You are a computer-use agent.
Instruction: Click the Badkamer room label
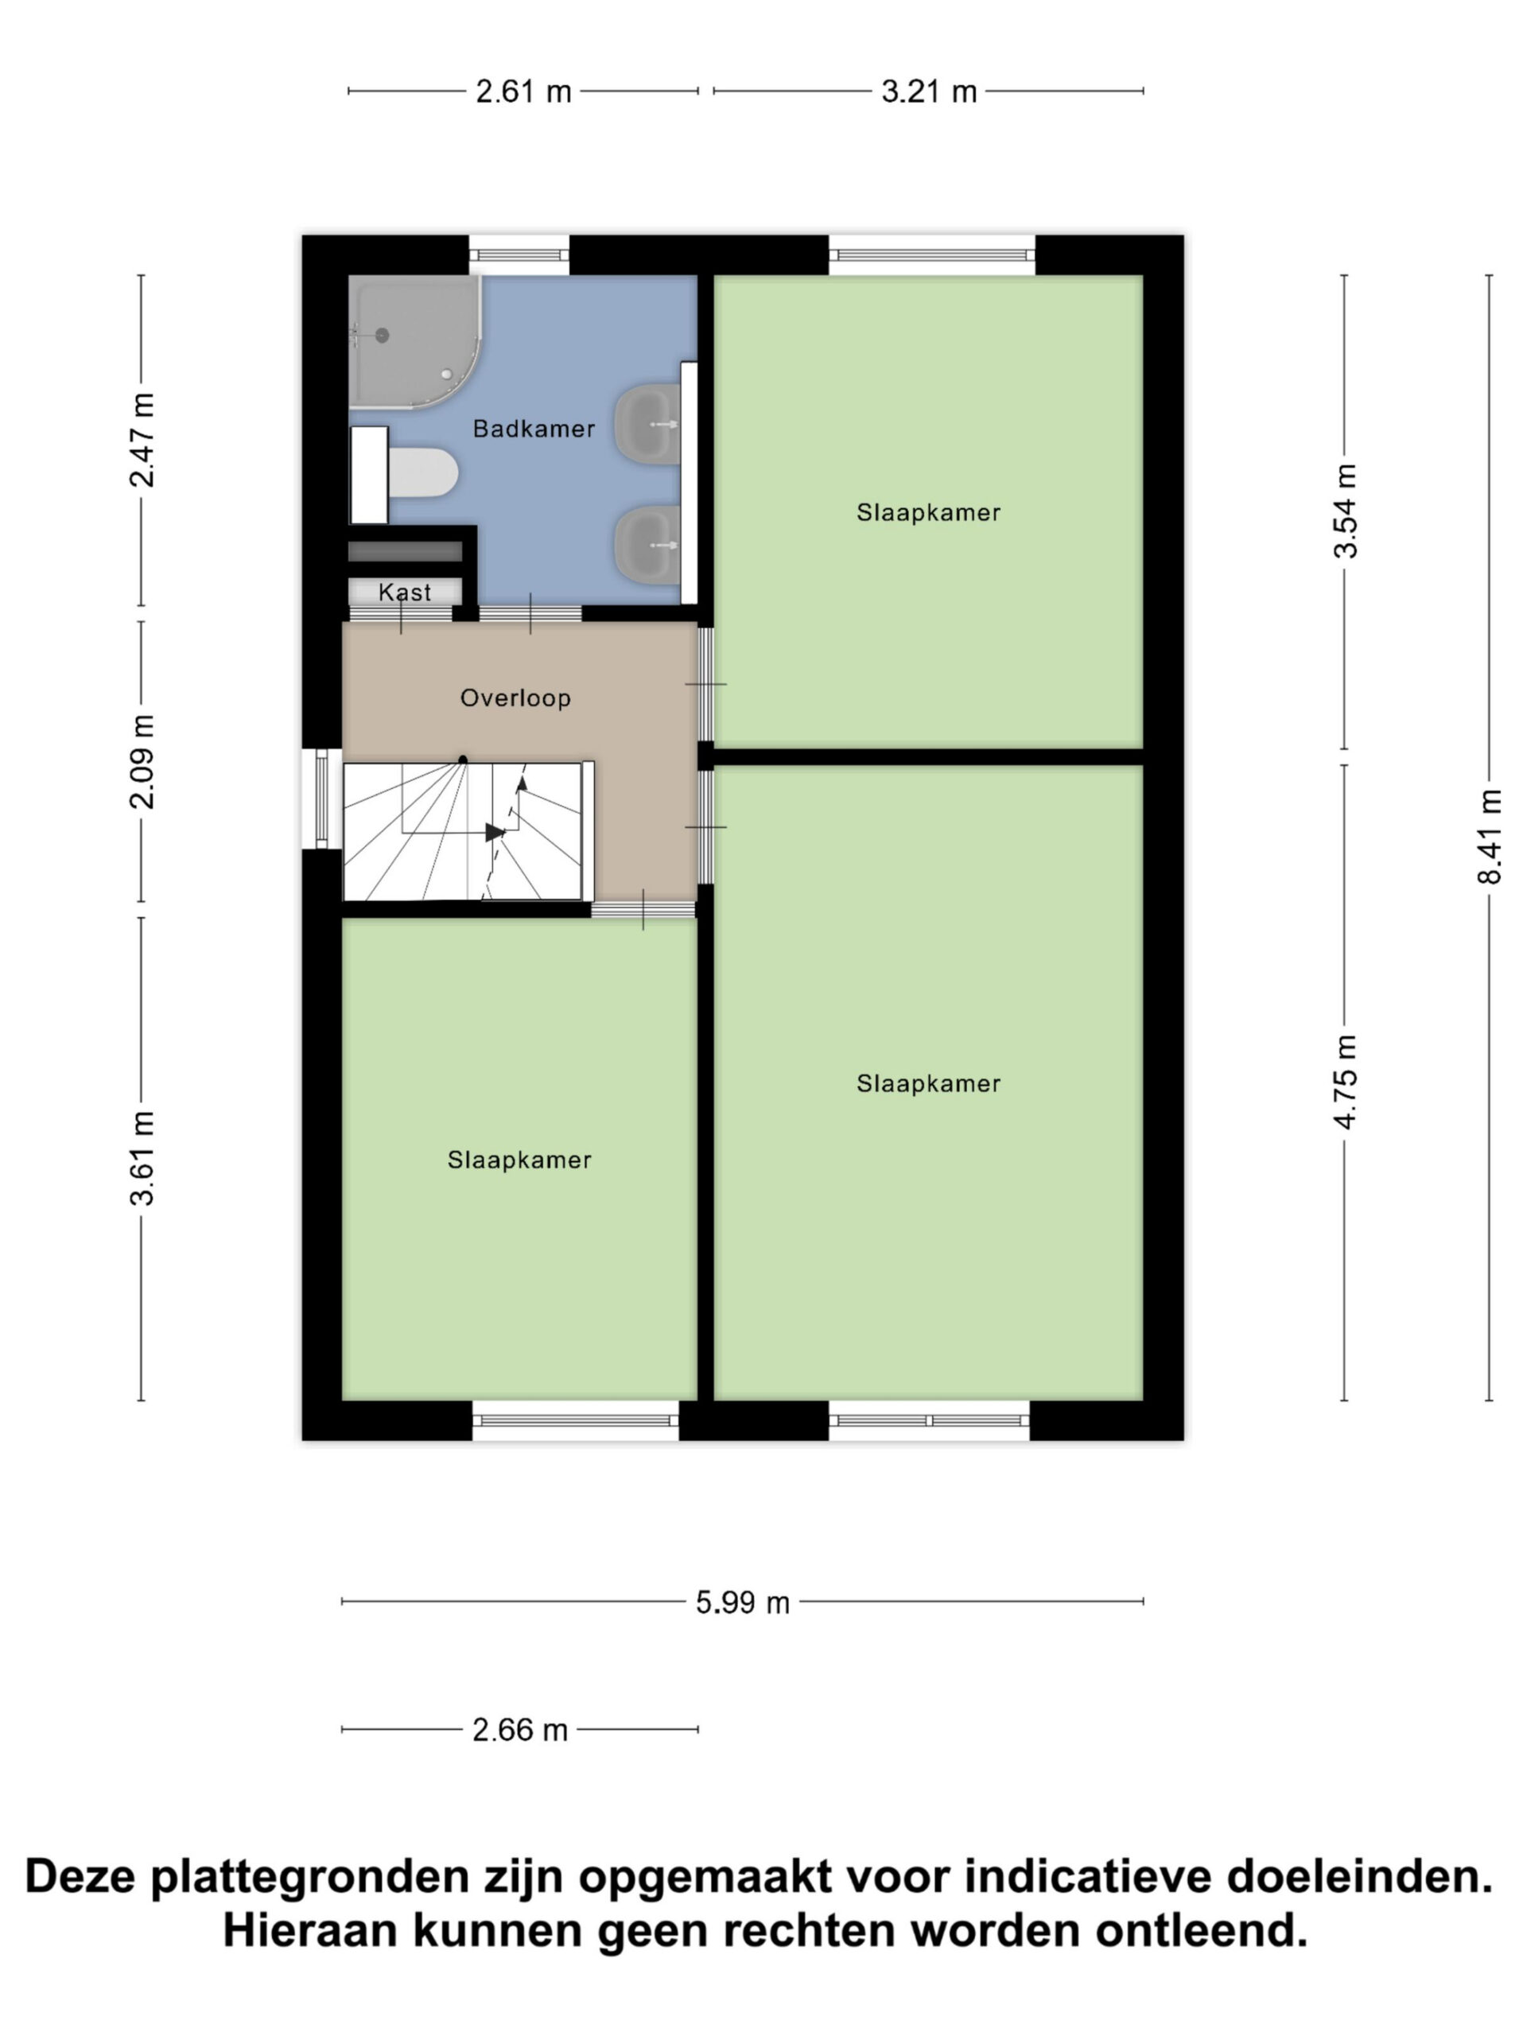pyautogui.click(x=533, y=429)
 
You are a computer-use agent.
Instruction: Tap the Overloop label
pyautogui.click(x=515, y=697)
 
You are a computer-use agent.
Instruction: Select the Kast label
pyautogui.click(x=405, y=592)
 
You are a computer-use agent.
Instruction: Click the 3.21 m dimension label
pyautogui.click(x=929, y=92)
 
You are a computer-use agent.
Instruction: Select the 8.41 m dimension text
pyautogui.click(x=1490, y=837)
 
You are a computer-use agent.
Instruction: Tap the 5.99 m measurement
pyautogui.click(x=743, y=1603)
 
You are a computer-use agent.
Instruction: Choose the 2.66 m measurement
pyautogui.click(x=520, y=1731)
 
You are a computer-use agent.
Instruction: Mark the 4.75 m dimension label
pyautogui.click(x=1345, y=1082)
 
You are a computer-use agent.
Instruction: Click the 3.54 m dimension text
pyautogui.click(x=1345, y=511)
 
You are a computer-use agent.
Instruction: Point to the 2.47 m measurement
pyautogui.click(x=142, y=440)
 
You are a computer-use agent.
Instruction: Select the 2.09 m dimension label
pyautogui.click(x=142, y=761)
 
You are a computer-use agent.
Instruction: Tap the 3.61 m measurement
pyautogui.click(x=142, y=1158)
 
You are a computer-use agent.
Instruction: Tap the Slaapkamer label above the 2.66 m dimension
pyautogui.click(x=519, y=1160)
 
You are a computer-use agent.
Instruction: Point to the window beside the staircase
pyautogui.click(x=321, y=799)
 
